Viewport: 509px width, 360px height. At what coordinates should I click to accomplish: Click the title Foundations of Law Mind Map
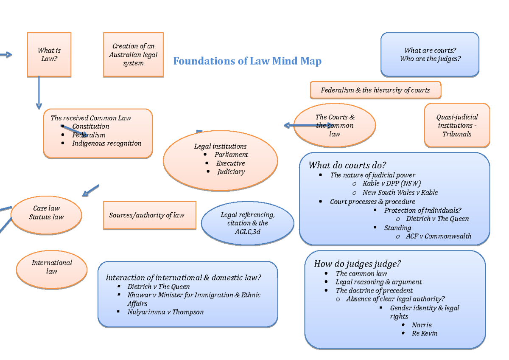click(x=247, y=61)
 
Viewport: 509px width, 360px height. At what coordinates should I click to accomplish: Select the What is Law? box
click(x=49, y=55)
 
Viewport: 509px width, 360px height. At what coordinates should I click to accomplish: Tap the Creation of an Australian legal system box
click(x=133, y=55)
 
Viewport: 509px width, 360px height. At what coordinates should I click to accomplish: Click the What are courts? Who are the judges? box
click(x=430, y=55)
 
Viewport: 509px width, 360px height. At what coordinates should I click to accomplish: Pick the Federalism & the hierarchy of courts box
click(x=375, y=90)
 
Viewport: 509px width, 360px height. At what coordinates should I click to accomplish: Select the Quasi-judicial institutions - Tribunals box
click(x=457, y=125)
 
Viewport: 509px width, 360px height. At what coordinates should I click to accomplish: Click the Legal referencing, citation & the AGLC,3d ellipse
click(x=247, y=223)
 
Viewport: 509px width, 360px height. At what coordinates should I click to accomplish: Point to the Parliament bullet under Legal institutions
click(x=231, y=155)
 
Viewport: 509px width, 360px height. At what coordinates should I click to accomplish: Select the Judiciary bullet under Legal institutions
click(x=231, y=172)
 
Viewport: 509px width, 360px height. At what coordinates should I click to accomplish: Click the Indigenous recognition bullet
click(x=106, y=143)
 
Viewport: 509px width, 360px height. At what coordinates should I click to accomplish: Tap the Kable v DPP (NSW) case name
click(x=392, y=184)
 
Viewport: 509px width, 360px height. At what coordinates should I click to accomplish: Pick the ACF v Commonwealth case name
click(x=438, y=236)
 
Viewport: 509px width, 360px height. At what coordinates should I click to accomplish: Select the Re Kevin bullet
click(x=424, y=333)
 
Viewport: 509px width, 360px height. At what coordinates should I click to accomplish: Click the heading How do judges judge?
click(x=357, y=264)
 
